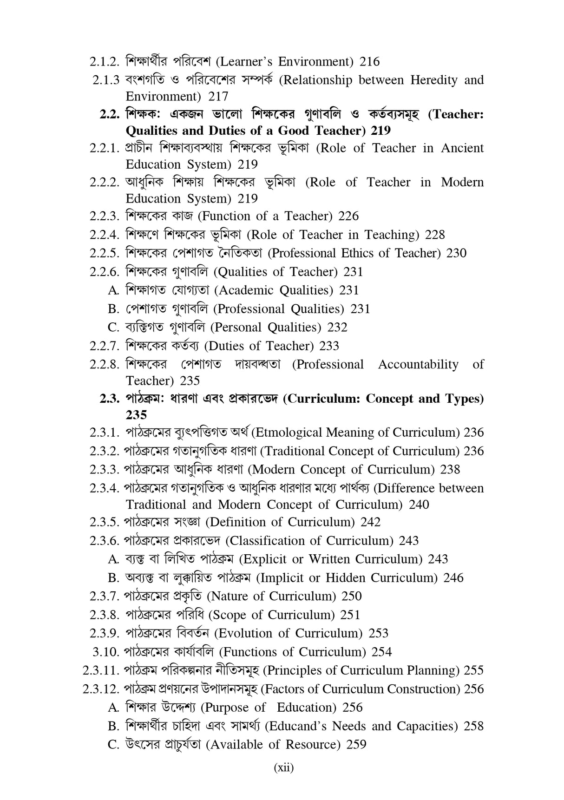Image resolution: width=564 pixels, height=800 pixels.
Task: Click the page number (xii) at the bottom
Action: tap(283, 767)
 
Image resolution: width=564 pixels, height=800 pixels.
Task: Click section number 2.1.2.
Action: tap(105, 61)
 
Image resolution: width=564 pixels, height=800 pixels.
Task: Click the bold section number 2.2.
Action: tap(110, 114)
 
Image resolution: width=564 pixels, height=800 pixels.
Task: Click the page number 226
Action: tap(348, 216)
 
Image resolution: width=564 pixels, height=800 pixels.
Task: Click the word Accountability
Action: tap(418, 364)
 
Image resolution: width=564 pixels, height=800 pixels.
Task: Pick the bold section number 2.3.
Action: tap(110, 399)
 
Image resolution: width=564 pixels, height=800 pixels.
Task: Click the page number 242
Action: tap(370, 522)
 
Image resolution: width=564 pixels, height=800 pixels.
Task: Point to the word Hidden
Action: tap(346, 577)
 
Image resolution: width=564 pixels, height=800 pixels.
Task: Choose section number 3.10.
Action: tap(106, 652)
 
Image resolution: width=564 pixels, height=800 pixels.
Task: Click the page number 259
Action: tap(356, 744)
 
